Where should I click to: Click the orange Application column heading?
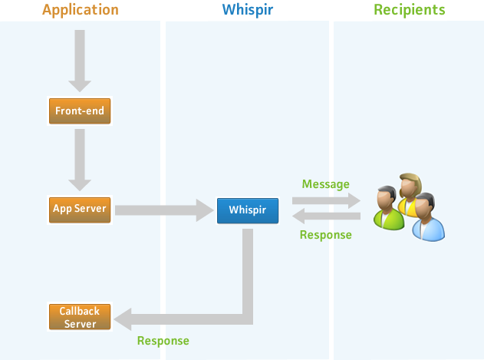pyautogui.click(x=81, y=10)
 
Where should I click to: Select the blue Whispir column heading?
pyautogui.click(x=247, y=10)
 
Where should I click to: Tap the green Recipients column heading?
pyautogui.click(x=409, y=10)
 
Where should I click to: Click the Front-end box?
pyautogui.click(x=80, y=111)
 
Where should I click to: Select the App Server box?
pyautogui.click(x=80, y=209)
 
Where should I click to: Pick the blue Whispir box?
pyautogui.click(x=247, y=210)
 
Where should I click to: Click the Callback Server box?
pyautogui.click(x=80, y=317)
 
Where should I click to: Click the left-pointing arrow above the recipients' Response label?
pyautogui.click(x=325, y=217)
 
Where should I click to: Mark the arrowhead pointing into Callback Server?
pyautogui.click(x=123, y=318)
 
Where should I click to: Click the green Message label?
pyautogui.click(x=325, y=184)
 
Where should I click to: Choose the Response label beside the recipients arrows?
pyautogui.click(x=325, y=235)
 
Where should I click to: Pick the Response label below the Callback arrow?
pyautogui.click(x=163, y=340)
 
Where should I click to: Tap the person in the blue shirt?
pyautogui.click(x=426, y=218)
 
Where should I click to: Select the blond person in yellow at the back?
pyautogui.click(x=411, y=192)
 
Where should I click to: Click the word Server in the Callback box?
pyautogui.click(x=80, y=323)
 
